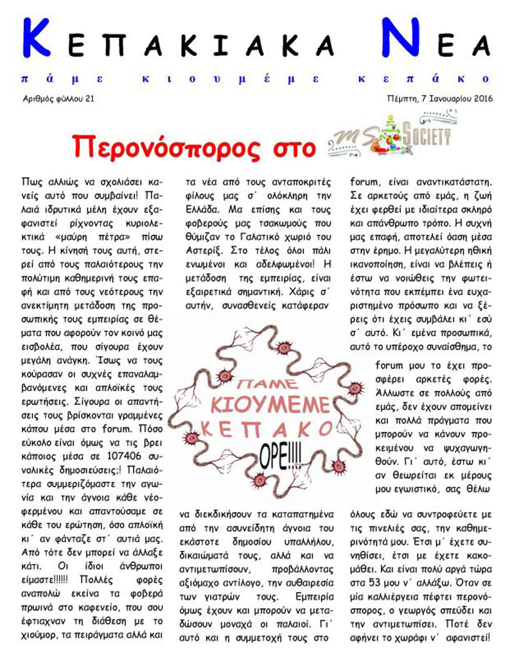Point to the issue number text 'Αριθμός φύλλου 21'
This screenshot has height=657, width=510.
pos(57,98)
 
